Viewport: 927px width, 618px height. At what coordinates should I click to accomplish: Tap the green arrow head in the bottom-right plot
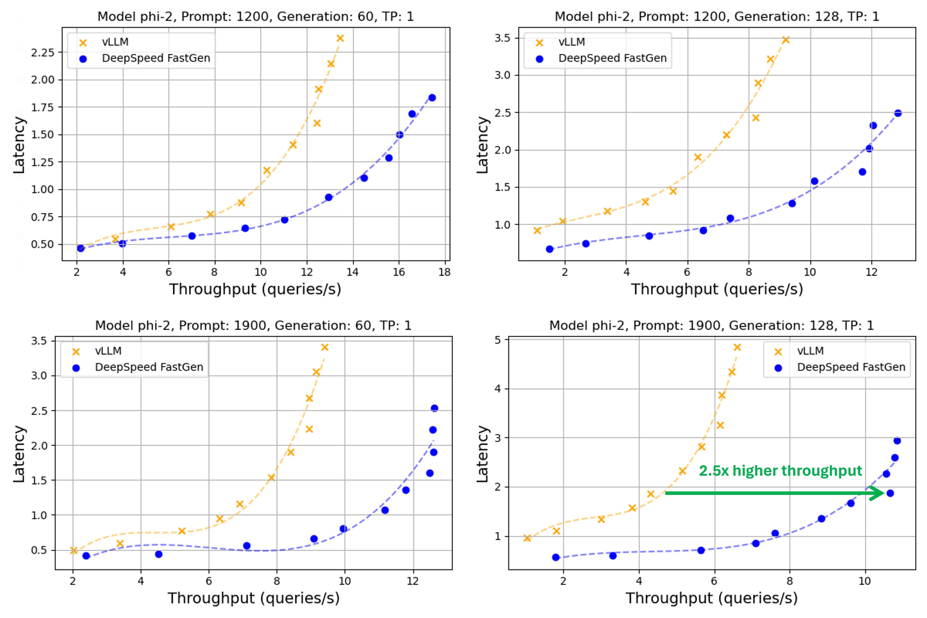click(x=878, y=493)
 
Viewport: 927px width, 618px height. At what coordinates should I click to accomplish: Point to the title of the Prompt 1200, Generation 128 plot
click(x=716, y=16)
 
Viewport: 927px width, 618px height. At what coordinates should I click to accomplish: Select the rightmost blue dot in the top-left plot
click(x=432, y=98)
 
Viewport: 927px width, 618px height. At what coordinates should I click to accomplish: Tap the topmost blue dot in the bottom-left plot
click(x=434, y=408)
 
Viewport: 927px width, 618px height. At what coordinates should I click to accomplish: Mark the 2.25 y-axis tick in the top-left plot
click(x=42, y=52)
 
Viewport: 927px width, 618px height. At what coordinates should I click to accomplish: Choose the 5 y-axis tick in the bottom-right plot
click(x=498, y=340)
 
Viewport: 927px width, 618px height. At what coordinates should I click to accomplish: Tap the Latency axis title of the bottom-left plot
click(x=19, y=454)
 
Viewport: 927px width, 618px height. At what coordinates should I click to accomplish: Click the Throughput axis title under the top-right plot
click(x=716, y=289)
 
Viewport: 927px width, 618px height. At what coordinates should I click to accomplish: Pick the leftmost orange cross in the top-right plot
click(x=537, y=230)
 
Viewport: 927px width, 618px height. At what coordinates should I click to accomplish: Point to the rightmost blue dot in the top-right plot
click(x=898, y=113)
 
